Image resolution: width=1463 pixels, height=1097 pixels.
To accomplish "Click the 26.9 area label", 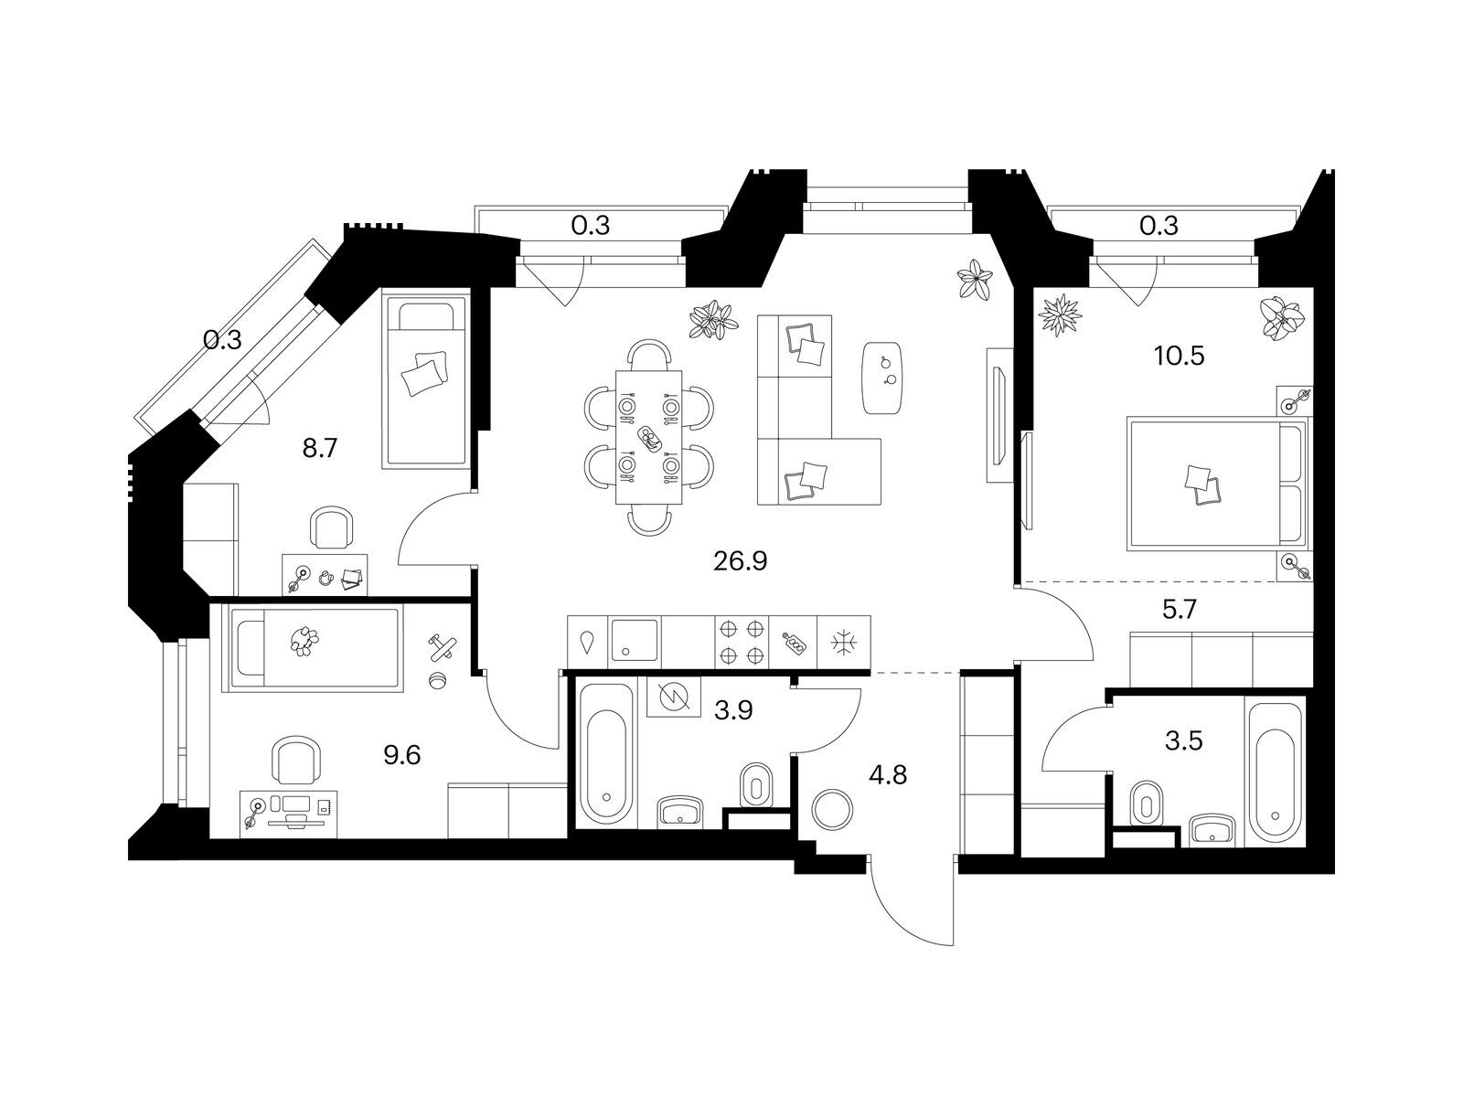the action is tap(740, 561).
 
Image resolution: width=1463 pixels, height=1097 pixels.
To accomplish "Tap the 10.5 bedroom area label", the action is tap(1179, 357).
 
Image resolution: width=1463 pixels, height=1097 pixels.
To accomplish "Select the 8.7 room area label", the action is tap(320, 449).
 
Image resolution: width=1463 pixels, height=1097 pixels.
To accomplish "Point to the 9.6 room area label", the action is tap(402, 756).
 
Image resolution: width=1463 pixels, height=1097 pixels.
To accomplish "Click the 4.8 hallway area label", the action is tap(889, 775).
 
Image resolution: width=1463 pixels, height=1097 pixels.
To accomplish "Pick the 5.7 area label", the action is tap(1180, 609).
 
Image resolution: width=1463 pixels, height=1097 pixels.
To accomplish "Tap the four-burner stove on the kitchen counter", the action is tap(742, 642).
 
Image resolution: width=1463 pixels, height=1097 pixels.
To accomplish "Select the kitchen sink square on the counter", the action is tap(634, 640).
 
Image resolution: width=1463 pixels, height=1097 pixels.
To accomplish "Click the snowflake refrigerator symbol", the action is tap(843, 643).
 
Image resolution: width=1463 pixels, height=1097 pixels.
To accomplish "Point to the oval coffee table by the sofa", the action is tap(883, 378).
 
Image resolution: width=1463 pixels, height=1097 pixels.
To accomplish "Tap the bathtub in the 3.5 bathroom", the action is tap(1275, 771).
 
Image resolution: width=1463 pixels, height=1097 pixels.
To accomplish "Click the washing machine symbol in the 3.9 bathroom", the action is tap(673, 697).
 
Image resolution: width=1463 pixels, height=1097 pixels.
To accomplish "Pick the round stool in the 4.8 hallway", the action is tap(832, 809).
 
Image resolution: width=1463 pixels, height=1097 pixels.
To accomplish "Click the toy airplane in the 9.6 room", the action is tap(442, 646).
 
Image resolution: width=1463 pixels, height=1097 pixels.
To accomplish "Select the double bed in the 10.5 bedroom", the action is tap(1218, 484).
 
